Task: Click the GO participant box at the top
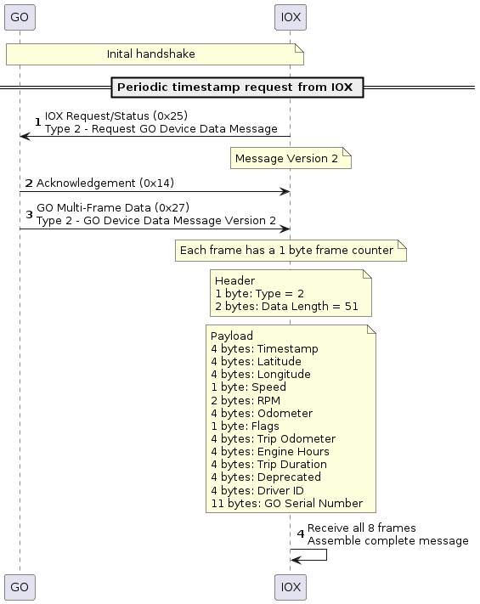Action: pos(20,17)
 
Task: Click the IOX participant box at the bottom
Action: pos(291,587)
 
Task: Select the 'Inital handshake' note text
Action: pos(150,54)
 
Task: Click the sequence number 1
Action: pos(37,122)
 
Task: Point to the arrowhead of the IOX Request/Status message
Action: pos(25,136)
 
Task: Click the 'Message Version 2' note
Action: pos(291,158)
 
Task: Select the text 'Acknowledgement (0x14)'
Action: pos(105,183)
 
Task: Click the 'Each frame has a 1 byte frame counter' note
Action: pos(291,251)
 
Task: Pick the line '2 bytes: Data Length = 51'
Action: pos(286,306)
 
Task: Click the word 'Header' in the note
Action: pos(234,280)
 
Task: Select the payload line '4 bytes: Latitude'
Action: pos(257,361)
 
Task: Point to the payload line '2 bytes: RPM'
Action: pos(246,401)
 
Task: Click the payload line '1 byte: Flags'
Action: pos(245,426)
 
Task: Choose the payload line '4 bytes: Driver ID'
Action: pos(257,490)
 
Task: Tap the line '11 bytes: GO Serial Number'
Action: pos(287,504)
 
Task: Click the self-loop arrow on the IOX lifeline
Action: pos(327,555)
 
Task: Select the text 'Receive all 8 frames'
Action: pos(362,528)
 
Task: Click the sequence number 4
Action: pos(301,533)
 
